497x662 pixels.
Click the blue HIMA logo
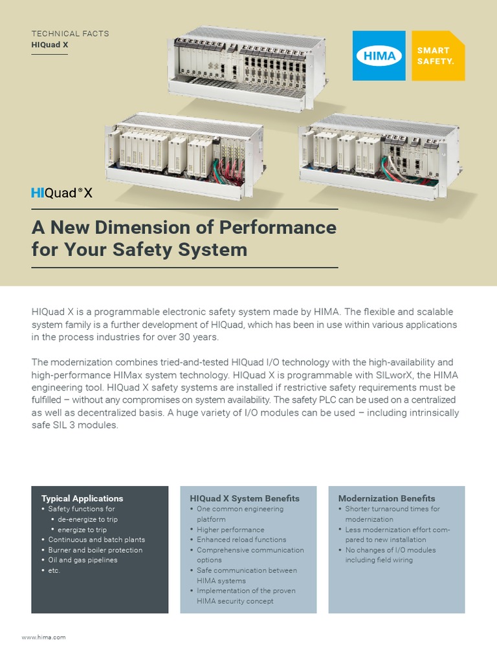pos(379,56)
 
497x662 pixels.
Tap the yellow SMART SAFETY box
pos(439,56)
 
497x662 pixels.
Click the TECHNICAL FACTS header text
pos(70,33)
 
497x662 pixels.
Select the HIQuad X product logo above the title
pos(62,193)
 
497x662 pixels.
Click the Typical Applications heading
pos(82,498)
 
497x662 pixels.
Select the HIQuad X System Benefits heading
pos(245,498)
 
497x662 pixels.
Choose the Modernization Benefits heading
pos(387,498)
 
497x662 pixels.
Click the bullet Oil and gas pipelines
pos(83,560)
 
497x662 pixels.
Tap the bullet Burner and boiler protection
pos(95,550)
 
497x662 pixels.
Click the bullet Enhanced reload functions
pos(241,540)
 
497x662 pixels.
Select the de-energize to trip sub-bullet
pos(87,519)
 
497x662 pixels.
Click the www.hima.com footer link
pos(44,637)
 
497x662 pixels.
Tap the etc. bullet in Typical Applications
pos(54,570)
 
